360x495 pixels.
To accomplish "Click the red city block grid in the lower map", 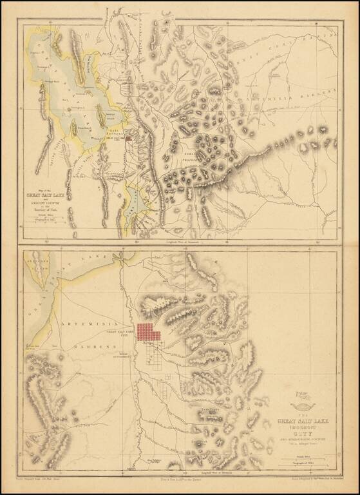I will (149, 332).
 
